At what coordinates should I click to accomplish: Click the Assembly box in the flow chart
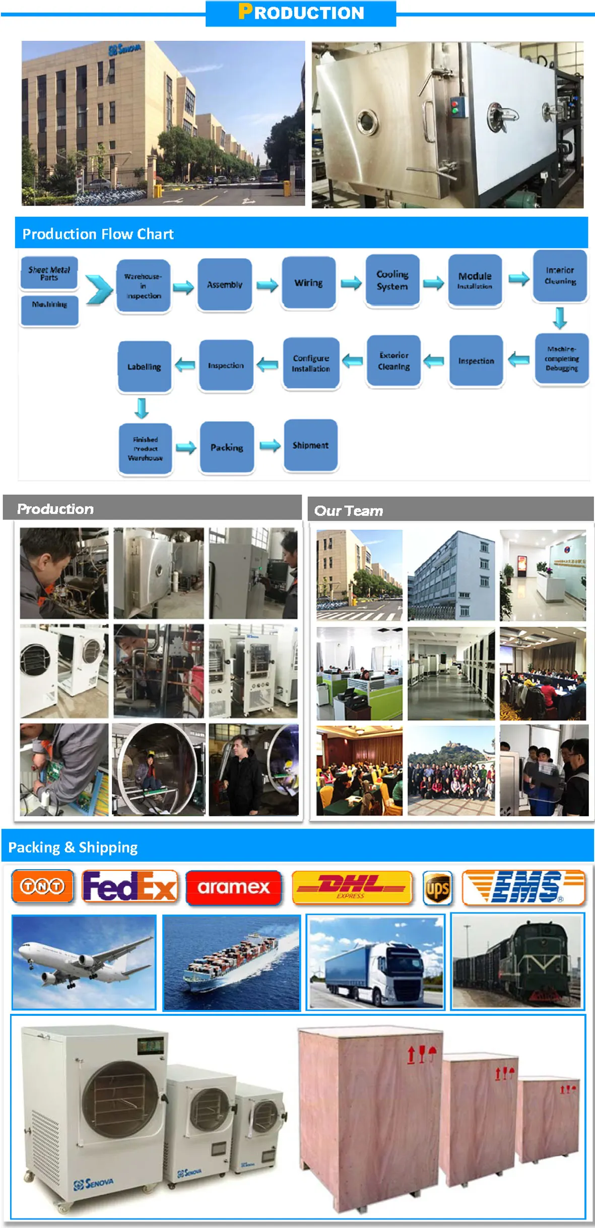pos(225,284)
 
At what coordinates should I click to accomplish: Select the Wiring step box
pos(308,283)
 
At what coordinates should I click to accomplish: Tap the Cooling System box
pos(392,280)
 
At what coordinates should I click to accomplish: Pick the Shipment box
pos(310,445)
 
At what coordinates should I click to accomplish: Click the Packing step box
pos(227,447)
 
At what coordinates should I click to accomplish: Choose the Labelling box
pos(144,366)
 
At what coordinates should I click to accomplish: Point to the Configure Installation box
pos(311,363)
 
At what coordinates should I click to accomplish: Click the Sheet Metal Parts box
pos(49,273)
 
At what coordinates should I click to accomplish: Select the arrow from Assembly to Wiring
pos(267,285)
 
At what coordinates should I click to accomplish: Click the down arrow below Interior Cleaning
pos(560,318)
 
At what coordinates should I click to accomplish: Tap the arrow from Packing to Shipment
pos(270,445)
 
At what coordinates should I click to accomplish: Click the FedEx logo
pos(130,887)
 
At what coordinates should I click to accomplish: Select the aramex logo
pos(233,887)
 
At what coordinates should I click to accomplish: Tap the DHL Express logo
pos(351,887)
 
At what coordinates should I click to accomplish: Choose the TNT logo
pos(42,886)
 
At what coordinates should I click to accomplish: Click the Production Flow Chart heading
pos(98,234)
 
